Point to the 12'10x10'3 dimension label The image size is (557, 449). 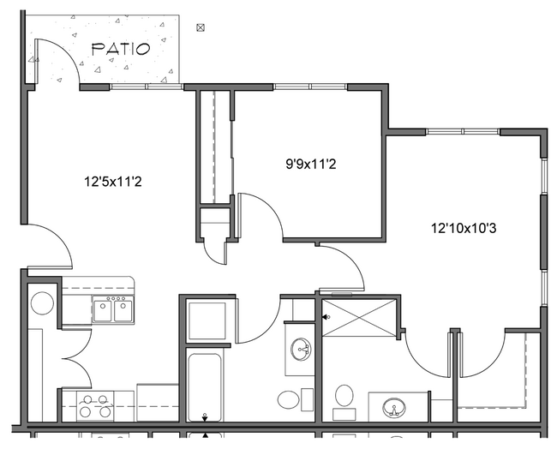(x=464, y=228)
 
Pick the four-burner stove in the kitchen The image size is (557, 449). (x=94, y=404)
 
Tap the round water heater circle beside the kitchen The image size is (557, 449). (x=40, y=302)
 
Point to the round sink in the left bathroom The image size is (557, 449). (x=301, y=349)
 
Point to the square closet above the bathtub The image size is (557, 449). (x=206, y=320)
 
